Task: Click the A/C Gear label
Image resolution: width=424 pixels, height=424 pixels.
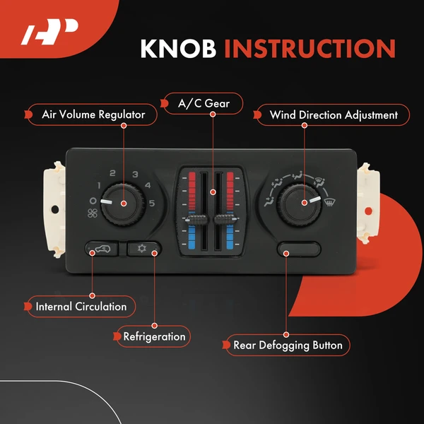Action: [x=203, y=104]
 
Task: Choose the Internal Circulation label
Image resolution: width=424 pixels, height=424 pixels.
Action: [x=81, y=306]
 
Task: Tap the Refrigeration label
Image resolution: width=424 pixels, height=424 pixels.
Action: [x=154, y=336]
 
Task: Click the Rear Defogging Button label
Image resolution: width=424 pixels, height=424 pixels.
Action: [x=288, y=345]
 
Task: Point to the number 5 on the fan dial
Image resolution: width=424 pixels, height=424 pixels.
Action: [x=151, y=204]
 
